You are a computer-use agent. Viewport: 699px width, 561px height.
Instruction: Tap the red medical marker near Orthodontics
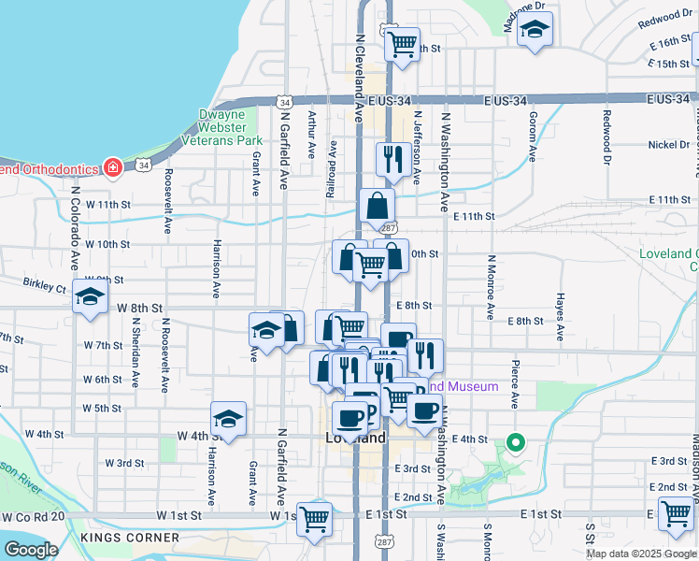[x=113, y=168]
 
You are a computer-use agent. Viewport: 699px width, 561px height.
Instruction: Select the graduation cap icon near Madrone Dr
[x=535, y=32]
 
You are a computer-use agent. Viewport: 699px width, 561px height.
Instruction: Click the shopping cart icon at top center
[x=402, y=43]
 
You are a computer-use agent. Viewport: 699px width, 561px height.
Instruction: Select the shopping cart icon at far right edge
[x=676, y=512]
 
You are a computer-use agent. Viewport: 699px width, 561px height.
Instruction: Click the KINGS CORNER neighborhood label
[x=130, y=538]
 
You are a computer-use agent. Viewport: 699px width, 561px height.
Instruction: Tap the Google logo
[x=31, y=550]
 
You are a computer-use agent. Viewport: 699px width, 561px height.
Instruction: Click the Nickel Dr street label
[x=667, y=145]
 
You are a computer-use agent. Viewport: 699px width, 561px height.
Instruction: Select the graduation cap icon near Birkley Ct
[x=90, y=297]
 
